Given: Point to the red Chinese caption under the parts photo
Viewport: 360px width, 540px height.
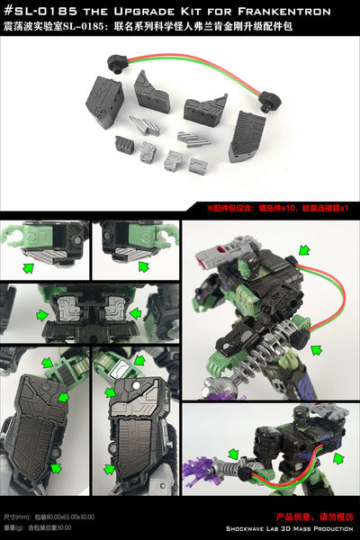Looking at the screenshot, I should [288, 208].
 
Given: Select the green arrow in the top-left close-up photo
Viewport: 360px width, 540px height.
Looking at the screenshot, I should [31, 266].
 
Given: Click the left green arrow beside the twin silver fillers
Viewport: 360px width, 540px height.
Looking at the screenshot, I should [41, 314].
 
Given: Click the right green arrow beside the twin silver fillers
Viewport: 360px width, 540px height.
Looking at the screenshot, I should [135, 314].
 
